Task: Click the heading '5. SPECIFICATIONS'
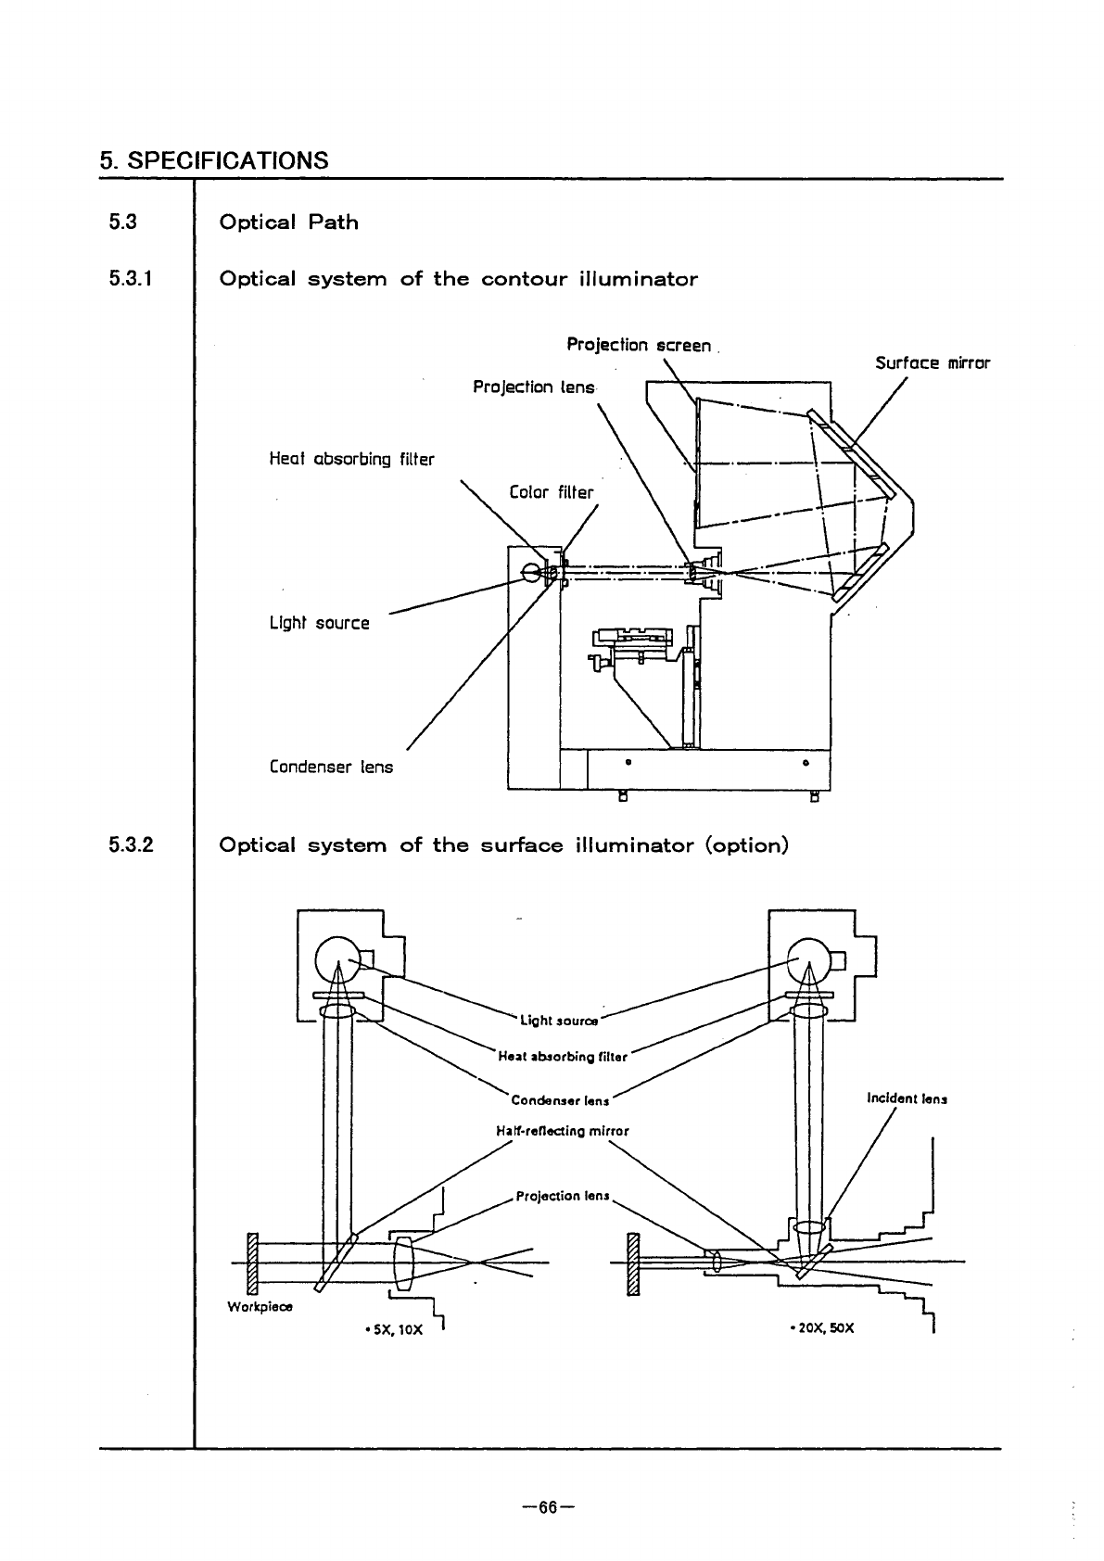[x=213, y=160]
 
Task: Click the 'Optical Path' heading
[x=288, y=222]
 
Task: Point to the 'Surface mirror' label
[x=933, y=363]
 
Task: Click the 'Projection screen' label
[x=639, y=346]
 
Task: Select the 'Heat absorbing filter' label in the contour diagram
[x=351, y=459]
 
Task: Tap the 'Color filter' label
[x=552, y=492]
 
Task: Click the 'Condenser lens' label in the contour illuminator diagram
[x=331, y=768]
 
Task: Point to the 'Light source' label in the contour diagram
[x=319, y=623]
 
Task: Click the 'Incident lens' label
[x=907, y=1099]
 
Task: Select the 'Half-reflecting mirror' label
[x=563, y=1131]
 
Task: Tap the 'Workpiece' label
[x=260, y=1307]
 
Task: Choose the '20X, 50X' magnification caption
[x=821, y=1328]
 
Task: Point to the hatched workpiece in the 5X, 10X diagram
[x=250, y=1263]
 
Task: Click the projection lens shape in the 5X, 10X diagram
[x=403, y=1263]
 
